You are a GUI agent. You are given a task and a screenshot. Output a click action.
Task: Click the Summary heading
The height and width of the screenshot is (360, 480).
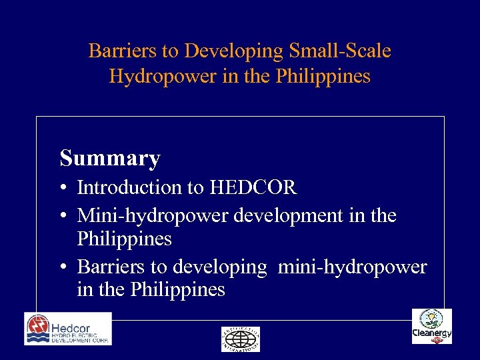pos(110,159)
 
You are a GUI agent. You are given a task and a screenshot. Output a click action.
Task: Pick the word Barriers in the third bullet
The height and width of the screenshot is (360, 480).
pos(111,267)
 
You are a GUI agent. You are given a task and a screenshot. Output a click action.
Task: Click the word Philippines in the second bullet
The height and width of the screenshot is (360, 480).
pos(125,239)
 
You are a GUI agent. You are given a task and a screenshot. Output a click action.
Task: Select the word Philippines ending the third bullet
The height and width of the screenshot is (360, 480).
pos(178,290)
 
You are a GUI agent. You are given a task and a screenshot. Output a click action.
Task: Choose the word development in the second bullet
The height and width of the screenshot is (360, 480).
pos(282,216)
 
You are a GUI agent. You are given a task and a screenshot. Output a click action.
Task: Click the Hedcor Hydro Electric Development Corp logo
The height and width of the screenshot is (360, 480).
pos(68,329)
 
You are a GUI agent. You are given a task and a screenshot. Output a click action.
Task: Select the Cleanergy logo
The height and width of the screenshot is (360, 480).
pos(431,327)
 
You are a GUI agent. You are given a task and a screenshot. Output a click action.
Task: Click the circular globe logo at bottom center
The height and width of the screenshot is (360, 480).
pos(240,339)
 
